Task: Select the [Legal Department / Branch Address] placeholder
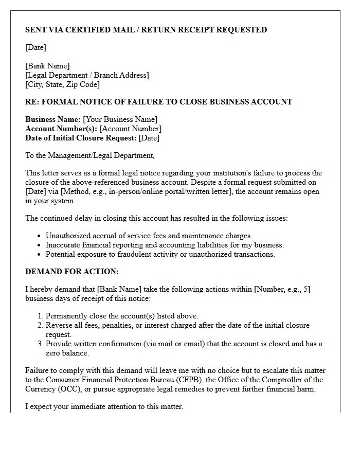[x=87, y=75]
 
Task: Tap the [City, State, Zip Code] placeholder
[x=62, y=84]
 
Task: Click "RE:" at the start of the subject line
[x=32, y=102]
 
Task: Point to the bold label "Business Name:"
[x=53, y=119]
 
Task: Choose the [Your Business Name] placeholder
[x=120, y=119]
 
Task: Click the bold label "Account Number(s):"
[x=61, y=129]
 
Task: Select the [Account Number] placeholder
[x=130, y=129]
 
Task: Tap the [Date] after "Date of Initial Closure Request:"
[x=149, y=138]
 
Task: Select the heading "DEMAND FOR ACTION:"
[x=72, y=272]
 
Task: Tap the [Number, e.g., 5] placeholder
[x=282, y=289]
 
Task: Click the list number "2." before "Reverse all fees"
[x=40, y=325]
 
